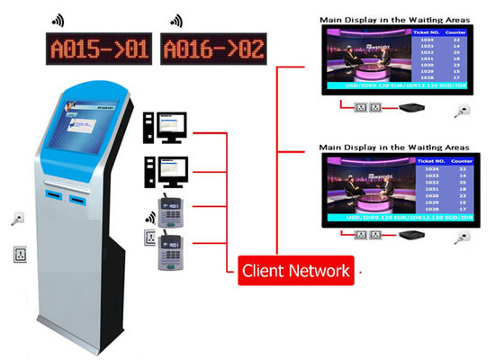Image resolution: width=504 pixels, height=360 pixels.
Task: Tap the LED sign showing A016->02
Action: pyautogui.click(x=212, y=48)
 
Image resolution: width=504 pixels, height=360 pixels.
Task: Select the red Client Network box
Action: pyautogui.click(x=295, y=269)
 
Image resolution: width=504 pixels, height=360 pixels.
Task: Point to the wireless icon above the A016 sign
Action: pyautogui.click(x=174, y=18)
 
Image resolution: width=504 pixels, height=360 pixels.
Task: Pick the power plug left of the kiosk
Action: pyautogui.click(x=18, y=219)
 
